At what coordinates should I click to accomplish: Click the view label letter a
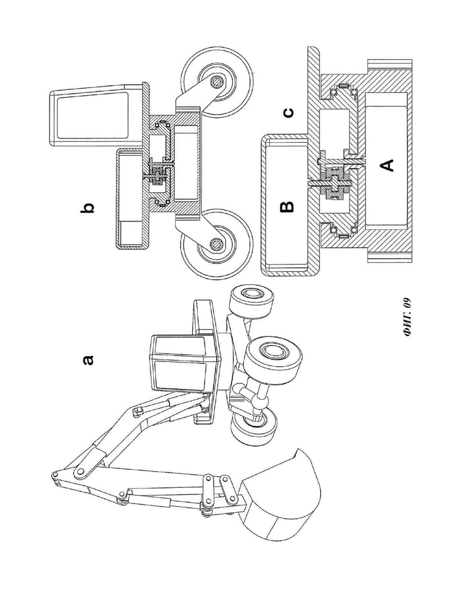coord(88,360)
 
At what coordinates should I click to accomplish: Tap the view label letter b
coord(87,208)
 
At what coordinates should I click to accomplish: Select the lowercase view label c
coord(289,113)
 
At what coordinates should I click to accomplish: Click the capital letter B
coord(287,206)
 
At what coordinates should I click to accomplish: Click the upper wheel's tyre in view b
coord(217,82)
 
